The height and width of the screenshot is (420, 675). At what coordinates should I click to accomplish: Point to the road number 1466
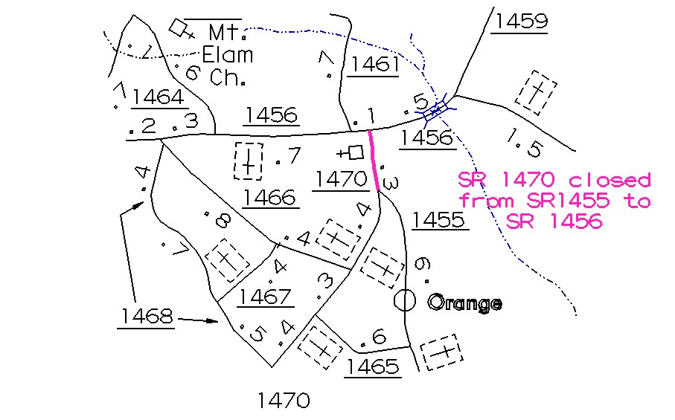[x=269, y=197]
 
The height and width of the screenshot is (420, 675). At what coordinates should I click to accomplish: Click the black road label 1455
[x=440, y=219]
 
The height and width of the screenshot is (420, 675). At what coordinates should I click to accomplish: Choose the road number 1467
[x=266, y=297]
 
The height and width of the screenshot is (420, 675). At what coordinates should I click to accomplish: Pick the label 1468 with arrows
[x=145, y=316]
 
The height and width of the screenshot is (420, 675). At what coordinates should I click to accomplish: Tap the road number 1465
[x=373, y=366]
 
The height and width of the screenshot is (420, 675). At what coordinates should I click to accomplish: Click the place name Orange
[x=464, y=303]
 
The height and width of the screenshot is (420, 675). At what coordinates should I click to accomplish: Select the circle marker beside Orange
[x=404, y=300]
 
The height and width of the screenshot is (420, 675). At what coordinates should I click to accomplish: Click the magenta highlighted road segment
[x=374, y=161]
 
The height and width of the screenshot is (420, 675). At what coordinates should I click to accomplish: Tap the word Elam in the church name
[x=229, y=54]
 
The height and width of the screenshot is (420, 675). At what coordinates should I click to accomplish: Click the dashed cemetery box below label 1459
[x=534, y=92]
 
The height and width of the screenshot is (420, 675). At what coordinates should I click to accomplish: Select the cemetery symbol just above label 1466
[x=249, y=161]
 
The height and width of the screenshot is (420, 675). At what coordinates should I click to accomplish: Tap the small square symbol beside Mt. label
[x=178, y=28]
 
